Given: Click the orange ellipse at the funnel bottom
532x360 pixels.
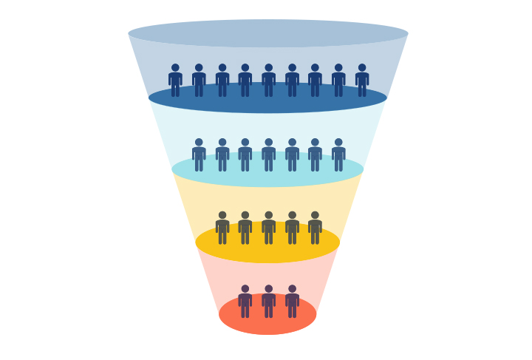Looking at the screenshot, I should point(267,325).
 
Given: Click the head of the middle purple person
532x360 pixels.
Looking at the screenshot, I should point(268,289).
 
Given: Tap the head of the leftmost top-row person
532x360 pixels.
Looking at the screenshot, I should point(175,67).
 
